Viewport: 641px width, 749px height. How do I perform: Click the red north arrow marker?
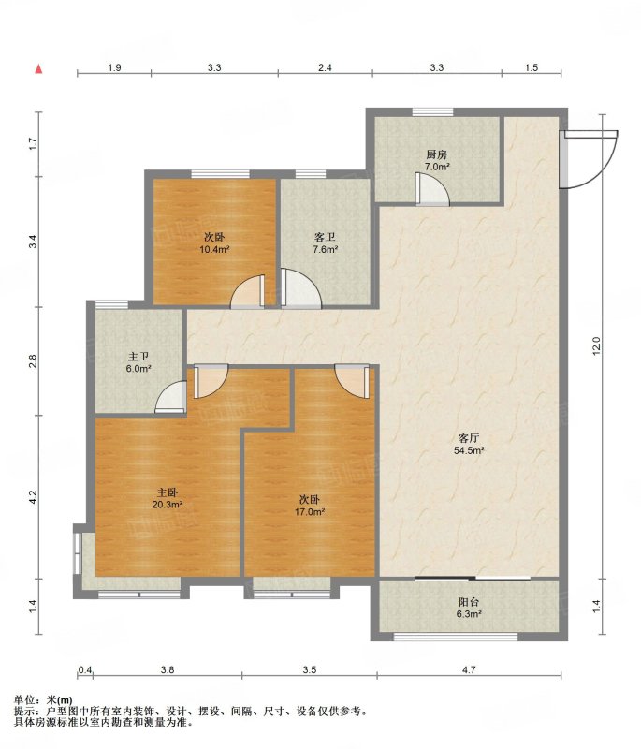[39, 68]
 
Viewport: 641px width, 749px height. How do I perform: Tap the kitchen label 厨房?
[437, 154]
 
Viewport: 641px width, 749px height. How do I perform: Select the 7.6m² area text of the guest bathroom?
[326, 249]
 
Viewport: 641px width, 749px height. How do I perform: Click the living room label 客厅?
[469, 437]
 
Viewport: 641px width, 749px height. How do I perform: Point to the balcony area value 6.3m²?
[468, 614]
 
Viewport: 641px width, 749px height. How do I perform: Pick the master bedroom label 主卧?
[168, 492]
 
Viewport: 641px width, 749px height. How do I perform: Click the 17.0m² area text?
[310, 512]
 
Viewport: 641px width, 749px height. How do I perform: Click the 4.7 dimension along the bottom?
[469, 669]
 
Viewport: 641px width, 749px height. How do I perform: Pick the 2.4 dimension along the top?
[325, 67]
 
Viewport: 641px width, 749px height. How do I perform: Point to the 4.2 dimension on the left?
[33, 497]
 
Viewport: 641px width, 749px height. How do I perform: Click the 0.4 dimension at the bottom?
[85, 669]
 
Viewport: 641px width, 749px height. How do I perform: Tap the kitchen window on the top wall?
[433, 112]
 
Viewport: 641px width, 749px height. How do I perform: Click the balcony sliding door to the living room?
[473, 579]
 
